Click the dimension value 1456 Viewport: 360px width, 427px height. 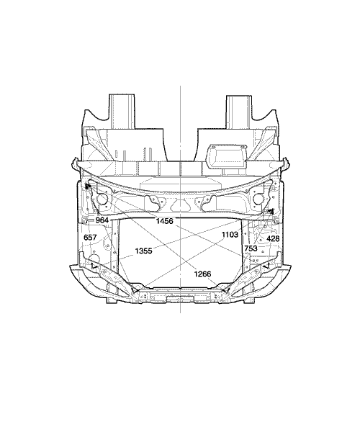(164, 221)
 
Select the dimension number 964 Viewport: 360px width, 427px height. (102, 220)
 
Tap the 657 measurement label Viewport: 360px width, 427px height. (90, 238)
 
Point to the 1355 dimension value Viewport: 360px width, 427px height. (143, 251)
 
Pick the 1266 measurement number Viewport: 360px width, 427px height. (202, 274)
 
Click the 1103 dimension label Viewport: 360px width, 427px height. (230, 235)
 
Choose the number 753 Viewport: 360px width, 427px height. (251, 248)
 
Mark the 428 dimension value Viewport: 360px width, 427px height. (273, 238)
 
